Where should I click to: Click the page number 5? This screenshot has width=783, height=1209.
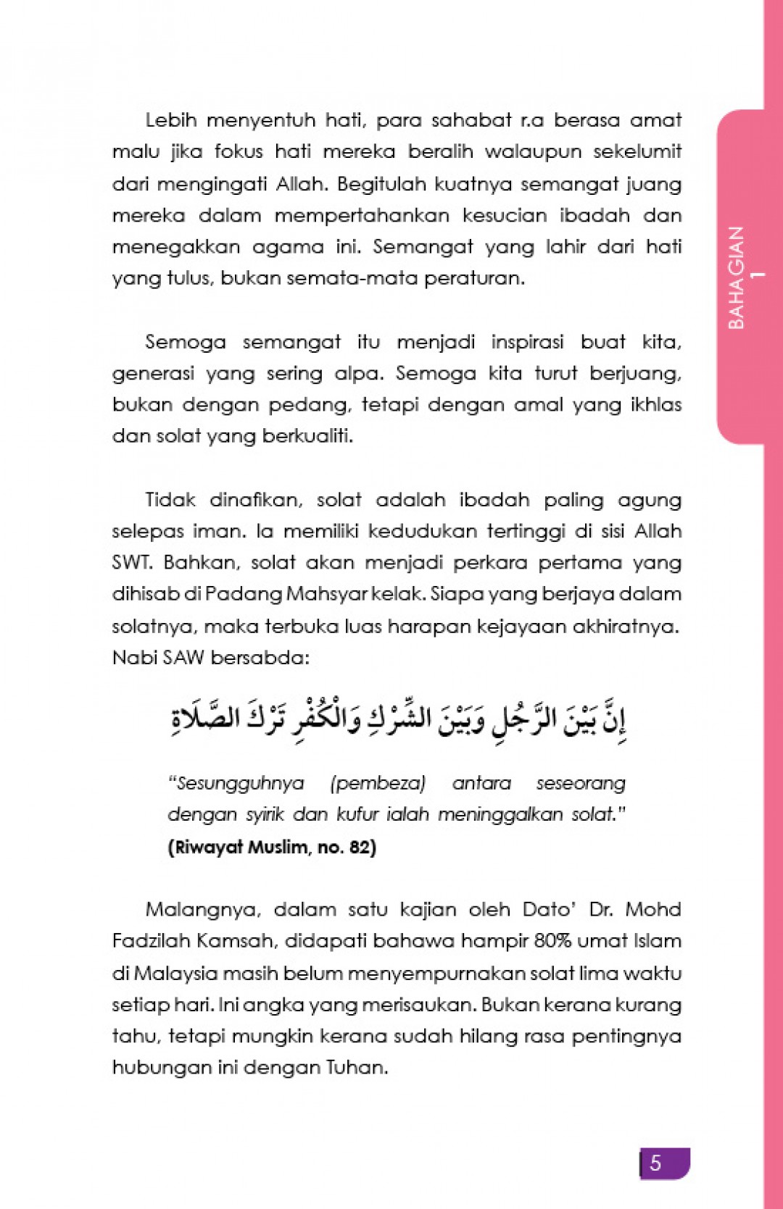click(655, 1163)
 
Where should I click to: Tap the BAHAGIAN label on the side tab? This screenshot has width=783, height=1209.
click(736, 277)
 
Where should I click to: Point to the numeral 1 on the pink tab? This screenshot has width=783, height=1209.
click(758, 275)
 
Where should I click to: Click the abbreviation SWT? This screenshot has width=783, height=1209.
click(131, 563)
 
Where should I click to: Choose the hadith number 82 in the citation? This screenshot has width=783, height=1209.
click(360, 847)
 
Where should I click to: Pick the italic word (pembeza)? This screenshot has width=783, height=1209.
click(378, 783)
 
